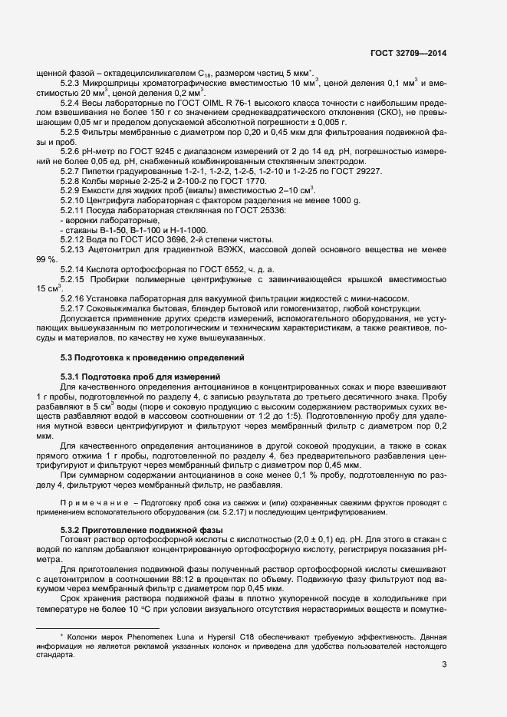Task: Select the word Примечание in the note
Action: click(x=92, y=502)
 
